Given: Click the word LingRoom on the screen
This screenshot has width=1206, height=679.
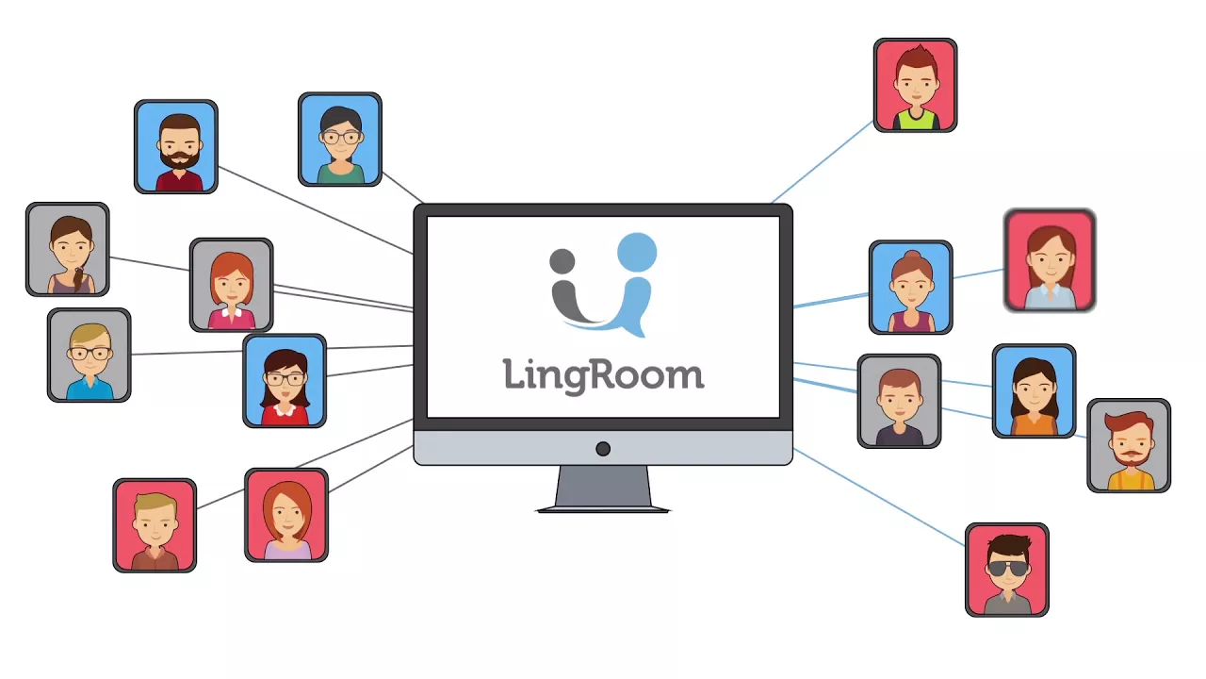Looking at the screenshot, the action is point(603,373).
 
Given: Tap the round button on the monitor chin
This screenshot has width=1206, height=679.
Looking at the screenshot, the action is point(603,449).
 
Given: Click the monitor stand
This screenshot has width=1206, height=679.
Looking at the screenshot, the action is point(603,489).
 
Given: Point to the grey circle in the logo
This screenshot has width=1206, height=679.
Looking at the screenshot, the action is point(562,261).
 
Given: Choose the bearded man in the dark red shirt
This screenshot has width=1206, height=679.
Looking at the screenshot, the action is point(176,146).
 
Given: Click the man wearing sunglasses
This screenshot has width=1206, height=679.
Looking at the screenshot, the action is point(1006,570).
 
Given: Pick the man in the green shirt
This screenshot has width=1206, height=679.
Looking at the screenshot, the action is point(915,85).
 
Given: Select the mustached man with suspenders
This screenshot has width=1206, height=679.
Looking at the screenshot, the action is point(1129,445).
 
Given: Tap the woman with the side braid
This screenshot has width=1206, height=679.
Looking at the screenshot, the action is point(68,249).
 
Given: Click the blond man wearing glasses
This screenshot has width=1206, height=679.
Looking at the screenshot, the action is point(89,355).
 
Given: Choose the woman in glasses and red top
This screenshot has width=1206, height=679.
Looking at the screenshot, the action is point(285,380).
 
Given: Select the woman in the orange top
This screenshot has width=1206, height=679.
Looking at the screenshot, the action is point(1034,390).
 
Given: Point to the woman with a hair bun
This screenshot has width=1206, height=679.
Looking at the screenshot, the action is point(910,287).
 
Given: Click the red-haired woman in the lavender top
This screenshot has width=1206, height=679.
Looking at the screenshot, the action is point(286,515).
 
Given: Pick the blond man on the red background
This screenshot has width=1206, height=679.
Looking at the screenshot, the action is point(155,525).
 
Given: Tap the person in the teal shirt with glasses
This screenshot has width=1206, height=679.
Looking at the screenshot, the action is point(340,140).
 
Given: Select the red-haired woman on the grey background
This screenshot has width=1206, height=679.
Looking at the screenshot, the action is point(231,285).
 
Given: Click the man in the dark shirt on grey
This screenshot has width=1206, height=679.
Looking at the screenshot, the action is point(899,401).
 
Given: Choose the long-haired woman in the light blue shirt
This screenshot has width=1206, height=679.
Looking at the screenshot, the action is point(1050,260).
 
